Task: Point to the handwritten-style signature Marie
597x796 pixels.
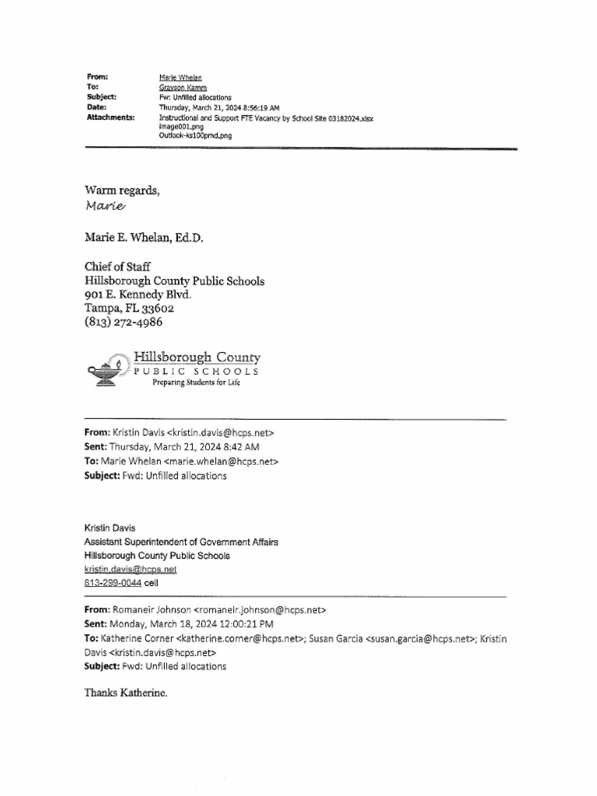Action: [103, 206]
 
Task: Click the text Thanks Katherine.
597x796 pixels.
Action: [126, 692]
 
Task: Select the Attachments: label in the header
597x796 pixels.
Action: [111, 117]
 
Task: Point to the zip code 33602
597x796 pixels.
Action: [163, 308]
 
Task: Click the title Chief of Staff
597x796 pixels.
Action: [118, 267]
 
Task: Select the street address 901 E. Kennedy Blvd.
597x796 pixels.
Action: [138, 295]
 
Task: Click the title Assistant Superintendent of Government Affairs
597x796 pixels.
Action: [180, 542]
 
